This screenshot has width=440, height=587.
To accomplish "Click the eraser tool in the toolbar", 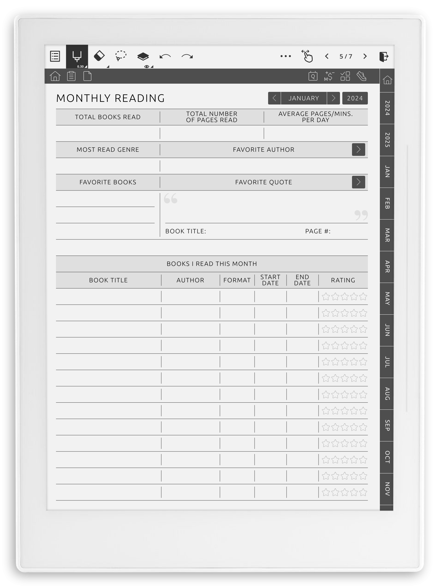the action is (99, 56).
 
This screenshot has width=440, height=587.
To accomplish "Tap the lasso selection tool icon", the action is (121, 56).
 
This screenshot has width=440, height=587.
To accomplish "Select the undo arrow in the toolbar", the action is (165, 56).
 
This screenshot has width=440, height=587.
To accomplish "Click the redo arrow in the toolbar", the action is (187, 56).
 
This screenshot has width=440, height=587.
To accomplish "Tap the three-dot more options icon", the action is (285, 56).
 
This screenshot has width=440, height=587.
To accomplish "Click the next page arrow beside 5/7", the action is (365, 56).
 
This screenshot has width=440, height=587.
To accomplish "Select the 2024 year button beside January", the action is (355, 98).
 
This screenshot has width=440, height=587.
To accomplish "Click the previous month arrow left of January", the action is (274, 98).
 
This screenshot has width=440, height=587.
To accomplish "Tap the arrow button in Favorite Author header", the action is (358, 150).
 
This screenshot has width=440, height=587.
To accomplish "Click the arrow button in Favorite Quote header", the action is (358, 182).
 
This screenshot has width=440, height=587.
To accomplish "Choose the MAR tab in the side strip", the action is (387, 235).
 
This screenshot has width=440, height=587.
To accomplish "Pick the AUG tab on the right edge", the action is (387, 394).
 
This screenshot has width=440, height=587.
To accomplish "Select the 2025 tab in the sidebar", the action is (387, 140).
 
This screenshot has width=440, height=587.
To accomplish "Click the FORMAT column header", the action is (237, 280).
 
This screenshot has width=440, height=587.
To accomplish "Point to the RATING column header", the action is (343, 280).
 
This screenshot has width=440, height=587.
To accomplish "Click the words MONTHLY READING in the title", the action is (111, 98).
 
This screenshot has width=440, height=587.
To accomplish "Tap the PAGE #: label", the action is (318, 231).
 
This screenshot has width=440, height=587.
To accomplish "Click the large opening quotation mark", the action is (170, 199).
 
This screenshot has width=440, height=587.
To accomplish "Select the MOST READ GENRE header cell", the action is (108, 150).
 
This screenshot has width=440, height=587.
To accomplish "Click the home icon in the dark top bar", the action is (55, 76).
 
